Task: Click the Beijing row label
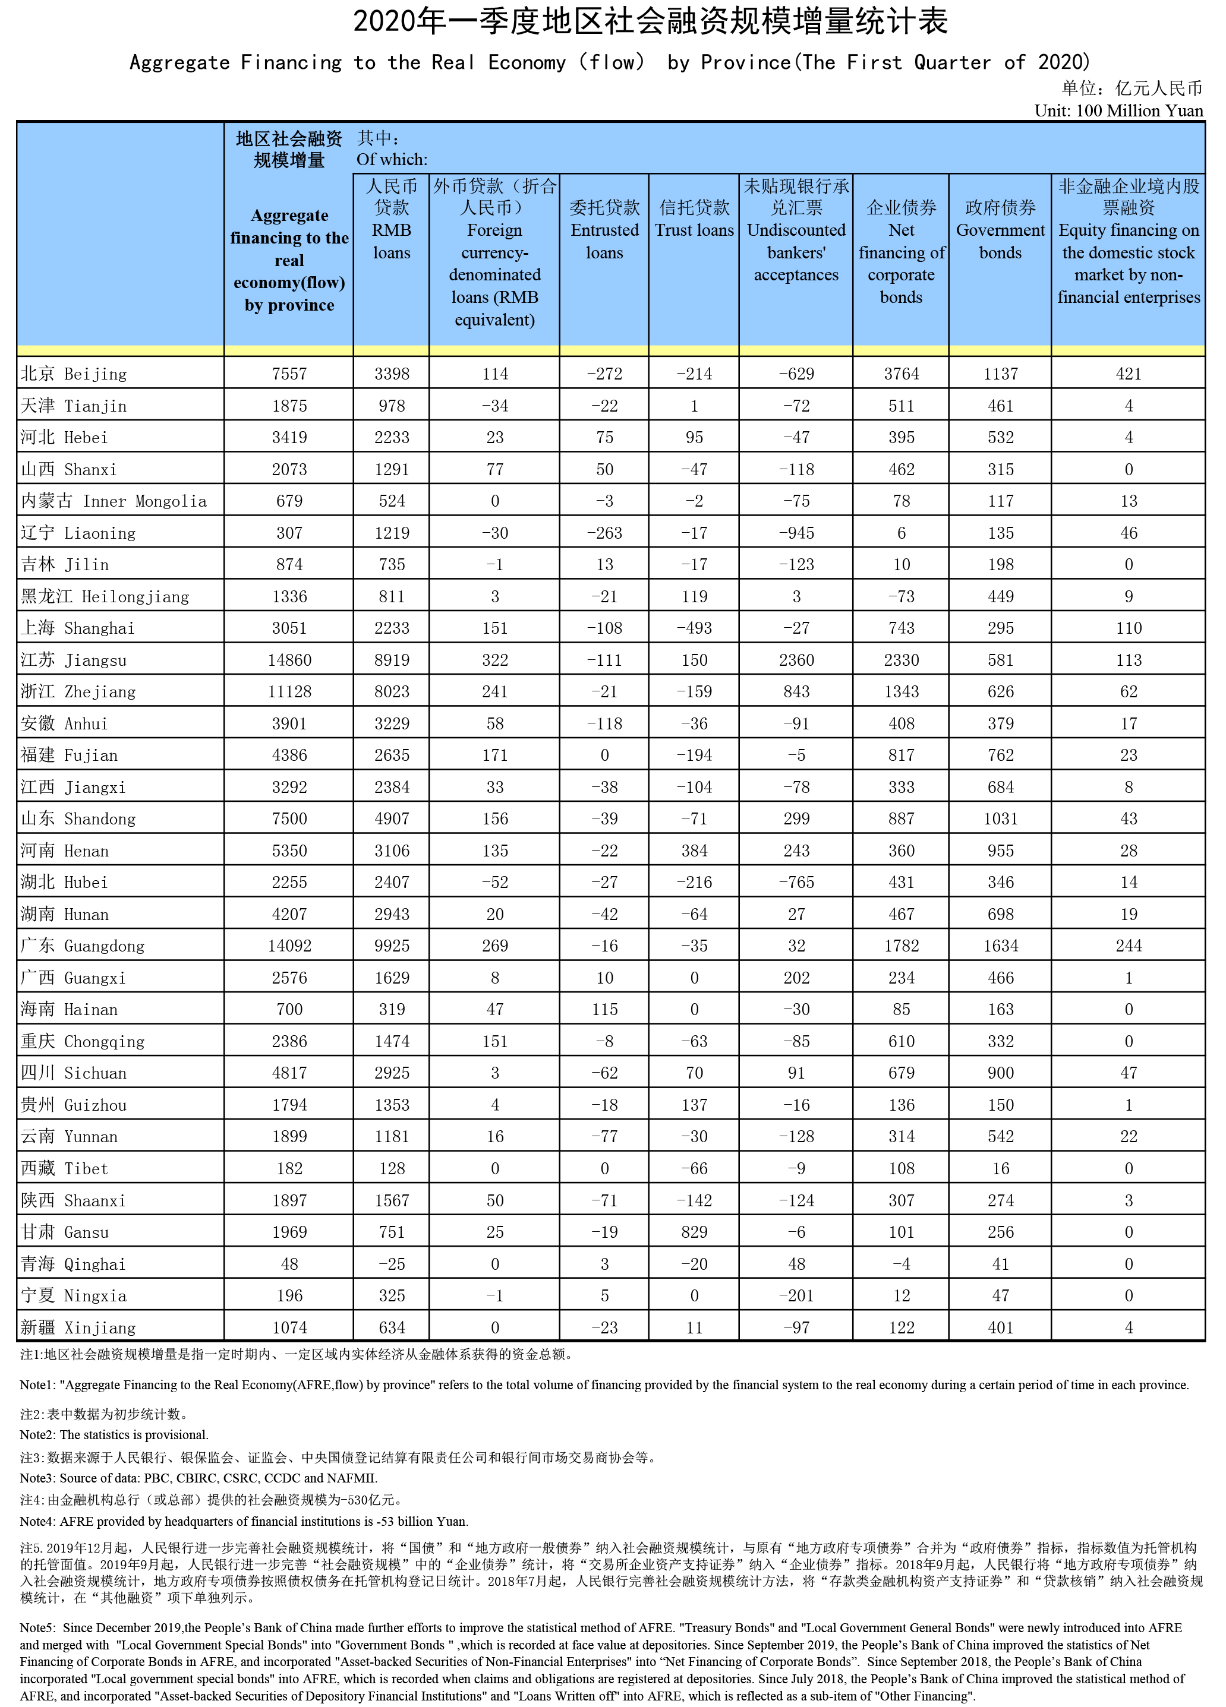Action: click(74, 374)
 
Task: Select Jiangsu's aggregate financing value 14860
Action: click(289, 660)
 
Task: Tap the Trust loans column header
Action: click(694, 219)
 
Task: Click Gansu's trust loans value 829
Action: click(694, 1232)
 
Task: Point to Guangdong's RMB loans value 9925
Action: click(392, 946)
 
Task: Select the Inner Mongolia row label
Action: click(114, 501)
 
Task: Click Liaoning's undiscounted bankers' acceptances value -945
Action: click(796, 533)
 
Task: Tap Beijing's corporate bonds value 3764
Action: click(901, 374)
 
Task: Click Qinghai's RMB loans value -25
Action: click(392, 1264)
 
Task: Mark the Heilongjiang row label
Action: click(105, 597)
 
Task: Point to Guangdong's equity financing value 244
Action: click(1128, 946)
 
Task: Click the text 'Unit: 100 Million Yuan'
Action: click(1118, 110)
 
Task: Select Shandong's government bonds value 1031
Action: click(1000, 819)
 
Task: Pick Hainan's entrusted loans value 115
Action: click(604, 1009)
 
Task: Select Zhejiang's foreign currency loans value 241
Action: click(495, 692)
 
